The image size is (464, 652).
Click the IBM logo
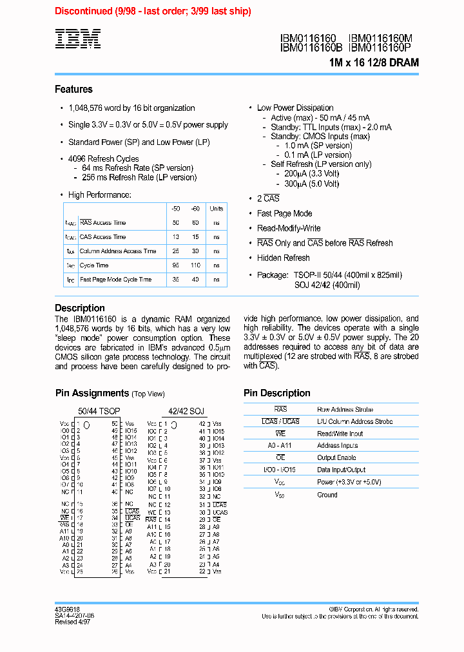pos(77,39)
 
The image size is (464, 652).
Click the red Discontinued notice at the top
pos(153,11)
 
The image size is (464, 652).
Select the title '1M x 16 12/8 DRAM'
pos(374,62)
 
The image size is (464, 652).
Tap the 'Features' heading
pos(73,90)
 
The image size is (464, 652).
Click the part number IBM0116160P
pos(380,47)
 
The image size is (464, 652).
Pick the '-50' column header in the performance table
pos(176,209)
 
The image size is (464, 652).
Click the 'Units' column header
pos(217,209)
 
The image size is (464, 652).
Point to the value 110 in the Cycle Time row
pos(195,265)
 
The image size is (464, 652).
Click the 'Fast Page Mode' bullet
pos(284,213)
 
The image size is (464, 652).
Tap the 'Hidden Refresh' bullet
pos(283,258)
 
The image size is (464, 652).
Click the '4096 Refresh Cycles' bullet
pos(103,158)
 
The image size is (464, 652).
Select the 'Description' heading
pos(79,308)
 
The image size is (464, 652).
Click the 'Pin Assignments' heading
pos(92,393)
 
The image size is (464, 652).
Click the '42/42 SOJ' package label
pos(186,410)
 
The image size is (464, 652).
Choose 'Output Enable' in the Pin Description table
pos(336,458)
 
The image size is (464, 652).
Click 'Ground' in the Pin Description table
pos(327,495)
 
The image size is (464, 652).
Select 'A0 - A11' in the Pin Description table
pos(280,446)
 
